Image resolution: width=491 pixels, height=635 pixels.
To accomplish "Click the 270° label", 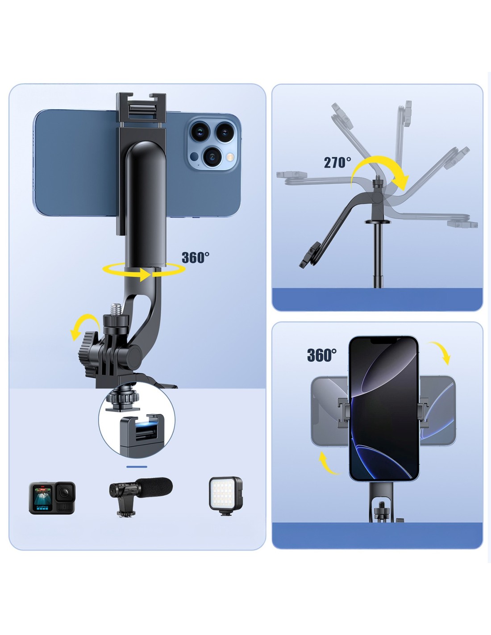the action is (337, 163).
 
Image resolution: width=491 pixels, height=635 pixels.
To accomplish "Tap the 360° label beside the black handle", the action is (196, 258).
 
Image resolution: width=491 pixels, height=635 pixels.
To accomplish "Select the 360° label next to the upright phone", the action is (321, 355).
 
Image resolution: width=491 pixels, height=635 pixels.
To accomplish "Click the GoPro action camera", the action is (52, 498).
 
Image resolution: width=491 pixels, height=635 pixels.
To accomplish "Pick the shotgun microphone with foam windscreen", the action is (141, 496).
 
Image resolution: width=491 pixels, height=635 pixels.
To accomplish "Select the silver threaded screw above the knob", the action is (115, 310).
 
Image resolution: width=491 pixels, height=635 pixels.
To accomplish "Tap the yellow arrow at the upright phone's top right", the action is (440, 353).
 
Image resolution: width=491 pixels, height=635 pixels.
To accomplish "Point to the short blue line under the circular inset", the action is (137, 467).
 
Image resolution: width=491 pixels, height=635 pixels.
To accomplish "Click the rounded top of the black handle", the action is (146, 150).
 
